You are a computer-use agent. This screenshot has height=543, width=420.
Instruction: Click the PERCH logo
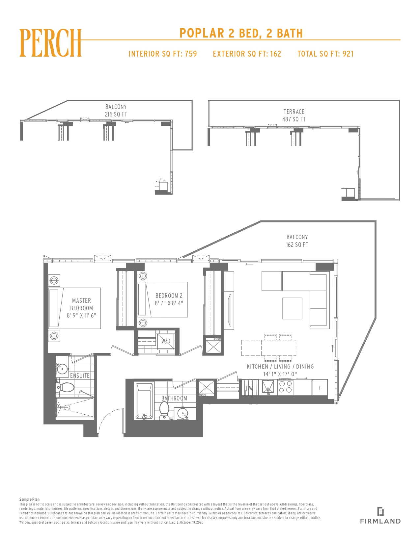(x=50, y=43)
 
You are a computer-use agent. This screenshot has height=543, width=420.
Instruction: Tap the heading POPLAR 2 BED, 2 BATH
(x=241, y=33)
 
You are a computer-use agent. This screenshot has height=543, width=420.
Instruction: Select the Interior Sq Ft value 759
(x=191, y=54)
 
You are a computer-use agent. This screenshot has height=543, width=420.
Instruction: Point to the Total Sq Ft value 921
(x=348, y=54)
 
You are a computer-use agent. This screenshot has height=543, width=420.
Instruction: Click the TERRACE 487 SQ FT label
(x=294, y=116)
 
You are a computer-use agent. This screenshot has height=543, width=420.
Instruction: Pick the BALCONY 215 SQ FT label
(x=116, y=111)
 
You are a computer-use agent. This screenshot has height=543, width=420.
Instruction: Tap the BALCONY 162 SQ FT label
(x=297, y=241)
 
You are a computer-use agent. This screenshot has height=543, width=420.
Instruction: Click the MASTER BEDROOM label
(x=82, y=304)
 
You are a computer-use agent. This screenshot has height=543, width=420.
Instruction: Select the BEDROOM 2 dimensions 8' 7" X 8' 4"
(x=169, y=303)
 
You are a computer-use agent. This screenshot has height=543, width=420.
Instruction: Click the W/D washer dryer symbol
(x=165, y=341)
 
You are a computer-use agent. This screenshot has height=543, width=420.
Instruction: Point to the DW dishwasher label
(x=249, y=388)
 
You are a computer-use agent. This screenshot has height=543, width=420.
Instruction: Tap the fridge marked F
(x=320, y=387)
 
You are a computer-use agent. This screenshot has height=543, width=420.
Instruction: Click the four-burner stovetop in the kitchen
(x=285, y=387)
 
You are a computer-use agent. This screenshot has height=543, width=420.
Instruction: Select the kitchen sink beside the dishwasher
(x=268, y=387)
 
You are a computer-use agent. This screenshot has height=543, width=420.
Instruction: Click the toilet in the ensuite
(x=65, y=387)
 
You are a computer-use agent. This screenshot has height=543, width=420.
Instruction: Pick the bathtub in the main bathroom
(x=144, y=401)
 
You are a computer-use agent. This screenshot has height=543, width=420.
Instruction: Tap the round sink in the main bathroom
(x=183, y=413)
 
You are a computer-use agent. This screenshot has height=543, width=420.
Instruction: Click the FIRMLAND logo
(x=380, y=515)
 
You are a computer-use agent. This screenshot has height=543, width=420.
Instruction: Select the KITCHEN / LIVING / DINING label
(x=280, y=367)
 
